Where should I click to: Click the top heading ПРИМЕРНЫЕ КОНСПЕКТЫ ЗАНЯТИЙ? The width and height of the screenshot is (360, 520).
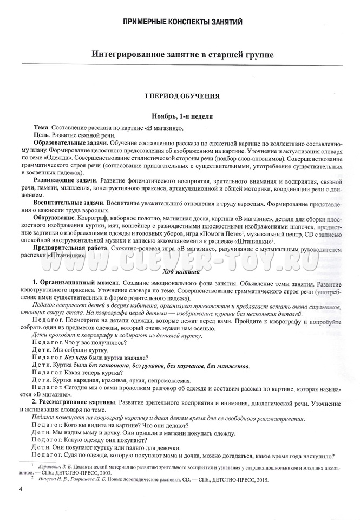(x=182, y=22)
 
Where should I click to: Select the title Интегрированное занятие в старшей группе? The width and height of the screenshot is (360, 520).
(x=182, y=55)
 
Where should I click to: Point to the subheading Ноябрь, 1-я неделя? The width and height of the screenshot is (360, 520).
(x=181, y=116)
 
